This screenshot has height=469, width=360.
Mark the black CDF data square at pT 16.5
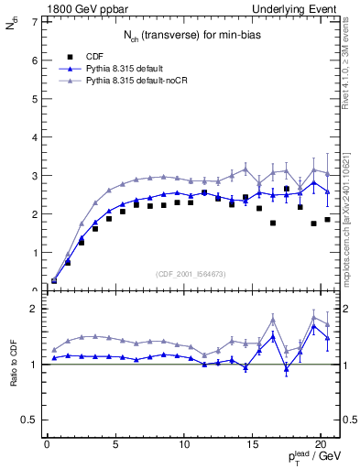(x=273, y=223)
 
